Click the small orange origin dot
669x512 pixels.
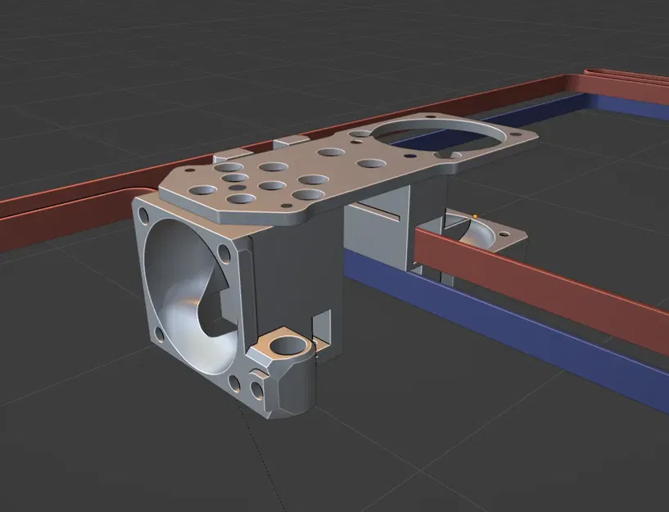475,216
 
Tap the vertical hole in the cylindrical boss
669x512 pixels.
289,342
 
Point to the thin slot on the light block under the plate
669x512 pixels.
384,215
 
